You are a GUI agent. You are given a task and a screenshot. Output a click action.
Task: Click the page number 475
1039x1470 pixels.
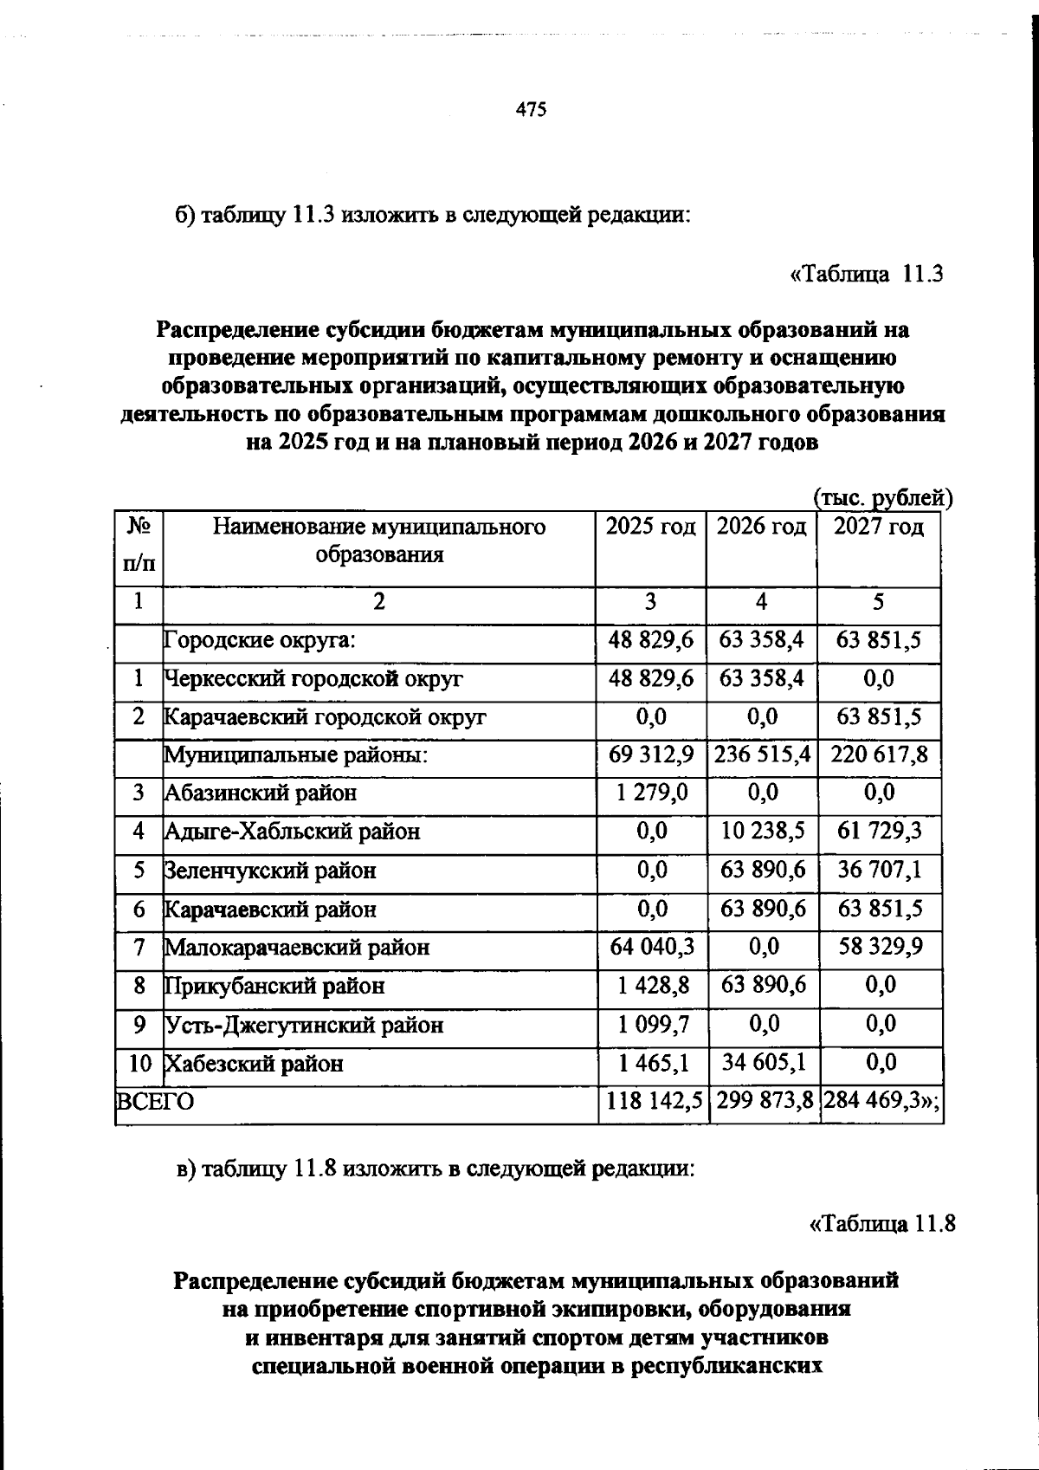pos(531,110)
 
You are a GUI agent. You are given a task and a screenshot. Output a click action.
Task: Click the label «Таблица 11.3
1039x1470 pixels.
pos(865,275)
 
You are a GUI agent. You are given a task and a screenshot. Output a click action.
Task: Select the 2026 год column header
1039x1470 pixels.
pos(761,528)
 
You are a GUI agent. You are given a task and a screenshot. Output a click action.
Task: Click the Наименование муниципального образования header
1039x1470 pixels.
pos(379,541)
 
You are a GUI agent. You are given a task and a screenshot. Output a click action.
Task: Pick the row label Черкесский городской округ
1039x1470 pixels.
pos(313,679)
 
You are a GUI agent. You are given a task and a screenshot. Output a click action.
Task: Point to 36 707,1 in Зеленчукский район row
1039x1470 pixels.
pos(879,870)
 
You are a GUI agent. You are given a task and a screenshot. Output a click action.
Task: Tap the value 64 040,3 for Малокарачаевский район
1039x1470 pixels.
pos(651,947)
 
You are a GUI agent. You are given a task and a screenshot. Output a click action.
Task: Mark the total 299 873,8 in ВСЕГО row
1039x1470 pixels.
pos(762,1102)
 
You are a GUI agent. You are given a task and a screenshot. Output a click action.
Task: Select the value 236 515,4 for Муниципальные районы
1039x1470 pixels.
pos(762,754)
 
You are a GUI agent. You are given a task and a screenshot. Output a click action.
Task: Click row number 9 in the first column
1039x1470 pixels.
pos(139,1025)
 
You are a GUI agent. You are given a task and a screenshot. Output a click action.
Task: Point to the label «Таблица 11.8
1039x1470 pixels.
pos(881,1224)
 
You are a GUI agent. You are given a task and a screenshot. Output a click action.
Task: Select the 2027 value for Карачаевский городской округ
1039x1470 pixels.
pos(879,717)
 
